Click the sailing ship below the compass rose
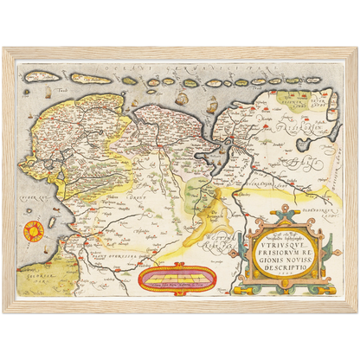(35, 260)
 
